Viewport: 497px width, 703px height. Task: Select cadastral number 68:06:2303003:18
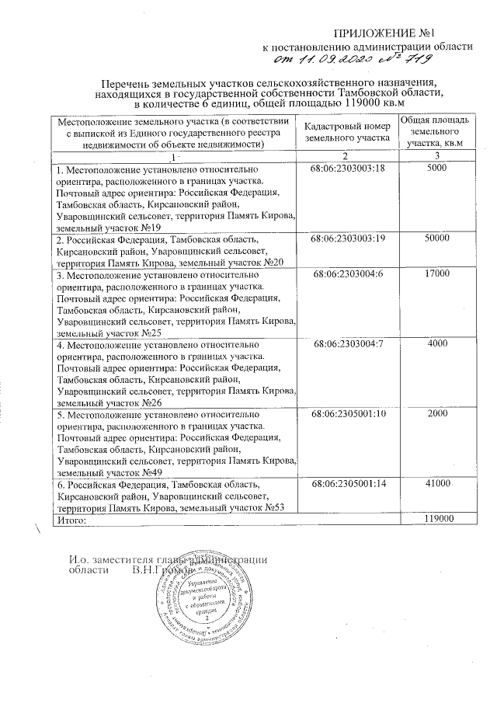tap(347, 168)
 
